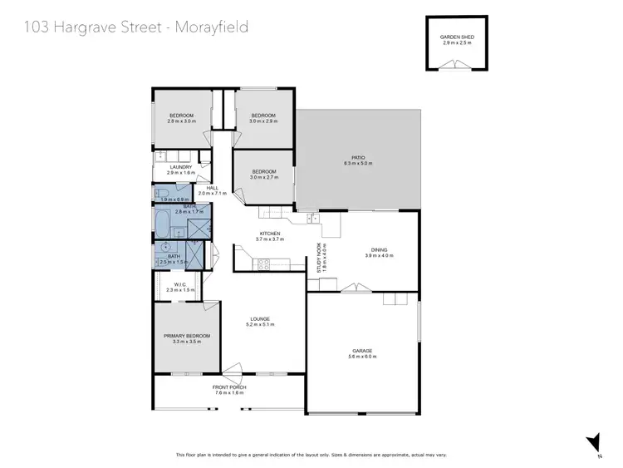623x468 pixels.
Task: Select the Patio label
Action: [x=358, y=157]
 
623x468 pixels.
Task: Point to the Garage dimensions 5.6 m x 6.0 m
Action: [x=364, y=356]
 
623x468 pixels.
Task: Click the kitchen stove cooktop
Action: [x=264, y=264]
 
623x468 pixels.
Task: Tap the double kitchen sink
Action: [x=312, y=219]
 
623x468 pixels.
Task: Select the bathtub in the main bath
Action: [x=164, y=226]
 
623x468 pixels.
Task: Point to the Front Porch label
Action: [x=228, y=387]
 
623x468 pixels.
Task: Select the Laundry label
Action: [x=180, y=167]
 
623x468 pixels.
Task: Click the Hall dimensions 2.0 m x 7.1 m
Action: [x=213, y=193]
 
